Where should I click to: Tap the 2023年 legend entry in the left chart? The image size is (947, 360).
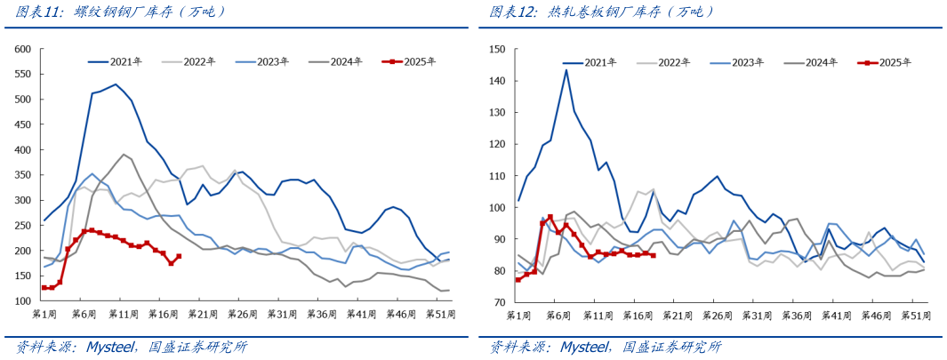coord(272,61)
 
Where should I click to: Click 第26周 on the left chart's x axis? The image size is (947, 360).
coord(243,315)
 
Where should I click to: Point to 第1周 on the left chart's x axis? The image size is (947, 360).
coord(45,315)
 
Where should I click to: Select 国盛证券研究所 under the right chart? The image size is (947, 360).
coord(673,347)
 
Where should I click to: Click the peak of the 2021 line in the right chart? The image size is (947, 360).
coord(566,70)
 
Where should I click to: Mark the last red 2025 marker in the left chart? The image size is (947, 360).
coord(179,256)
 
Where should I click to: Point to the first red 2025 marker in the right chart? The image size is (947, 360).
coord(518,279)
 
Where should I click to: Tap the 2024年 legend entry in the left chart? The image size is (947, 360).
coord(345,61)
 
